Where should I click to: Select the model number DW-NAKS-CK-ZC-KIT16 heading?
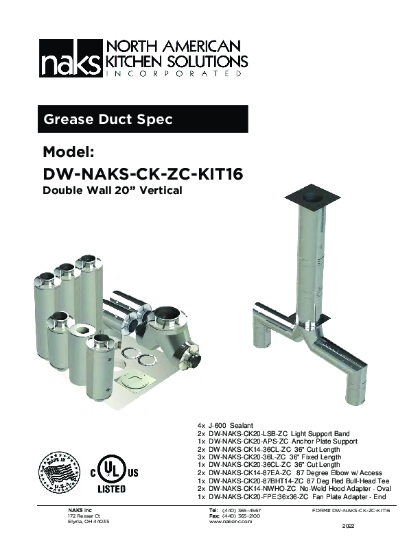tap(143, 174)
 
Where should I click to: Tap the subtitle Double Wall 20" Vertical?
tap(113, 191)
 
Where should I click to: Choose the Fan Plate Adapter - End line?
tap(292, 496)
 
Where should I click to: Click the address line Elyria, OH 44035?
tap(89, 522)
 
